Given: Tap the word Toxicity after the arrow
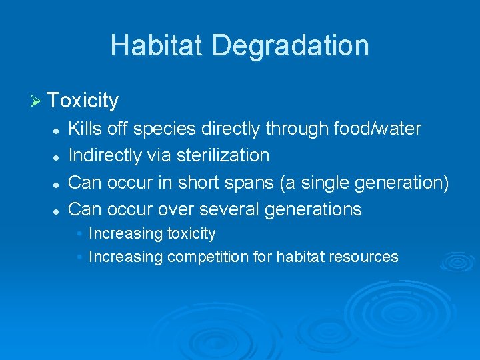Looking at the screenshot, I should point(83,101).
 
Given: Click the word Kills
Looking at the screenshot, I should point(85,128).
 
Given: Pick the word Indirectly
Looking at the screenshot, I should point(105,155).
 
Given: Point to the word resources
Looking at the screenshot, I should point(365,257).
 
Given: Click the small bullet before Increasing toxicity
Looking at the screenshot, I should point(79,234).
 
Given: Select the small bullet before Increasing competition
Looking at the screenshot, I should point(79,257).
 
